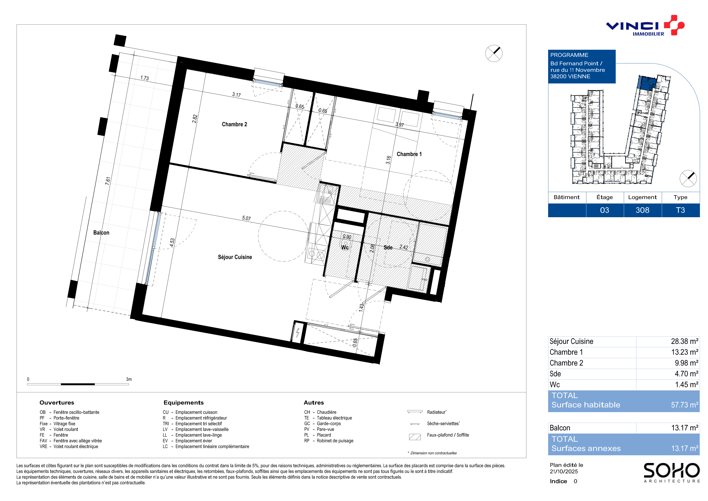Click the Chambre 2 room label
pyautogui.click(x=234, y=124)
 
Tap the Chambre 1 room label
pyautogui.click(x=409, y=154)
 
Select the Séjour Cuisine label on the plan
pyautogui.click(x=235, y=257)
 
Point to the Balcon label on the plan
pyautogui.click(x=101, y=233)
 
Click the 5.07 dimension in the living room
pyautogui.click(x=246, y=218)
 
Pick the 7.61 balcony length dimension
pyautogui.click(x=108, y=181)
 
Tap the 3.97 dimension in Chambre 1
pyautogui.click(x=400, y=125)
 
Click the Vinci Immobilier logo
pyautogui.click(x=645, y=26)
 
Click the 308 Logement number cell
pyautogui.click(x=642, y=210)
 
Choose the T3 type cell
pyautogui.click(x=680, y=210)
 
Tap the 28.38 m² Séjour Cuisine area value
pyautogui.click(x=684, y=342)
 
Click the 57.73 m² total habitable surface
pyautogui.click(x=685, y=405)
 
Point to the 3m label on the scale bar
pyautogui.click(x=129, y=379)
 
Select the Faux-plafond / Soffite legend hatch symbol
pyautogui.click(x=415, y=437)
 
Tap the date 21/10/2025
pyautogui.click(x=564, y=471)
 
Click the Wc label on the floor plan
pyautogui.click(x=345, y=247)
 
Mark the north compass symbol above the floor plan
pyautogui.click(x=494, y=53)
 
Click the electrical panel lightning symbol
pyautogui.click(x=297, y=333)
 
